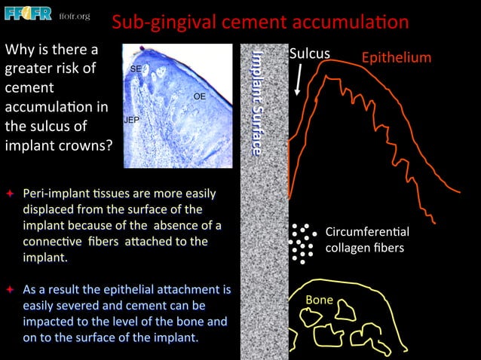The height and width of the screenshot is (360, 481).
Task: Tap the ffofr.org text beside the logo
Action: coord(74,16)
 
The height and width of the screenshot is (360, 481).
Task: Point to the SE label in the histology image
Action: coord(136,69)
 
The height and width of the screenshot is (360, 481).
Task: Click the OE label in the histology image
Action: coord(199,96)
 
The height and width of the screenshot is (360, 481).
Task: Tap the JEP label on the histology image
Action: coord(132,120)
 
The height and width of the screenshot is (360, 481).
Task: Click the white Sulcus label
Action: coord(309,54)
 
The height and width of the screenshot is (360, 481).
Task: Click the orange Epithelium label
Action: coord(397,57)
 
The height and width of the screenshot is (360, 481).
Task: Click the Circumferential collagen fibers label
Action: coord(366,239)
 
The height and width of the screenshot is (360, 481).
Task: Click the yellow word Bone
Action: coord(319,300)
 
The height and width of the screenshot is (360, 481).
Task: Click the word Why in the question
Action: coord(20,50)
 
